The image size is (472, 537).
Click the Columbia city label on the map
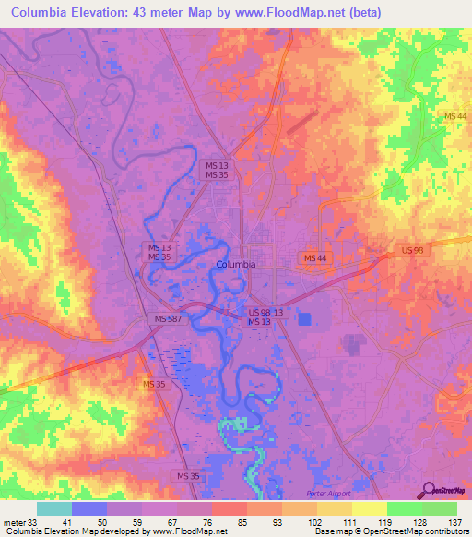235,264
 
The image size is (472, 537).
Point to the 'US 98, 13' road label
266,313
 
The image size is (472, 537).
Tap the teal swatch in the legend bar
54,508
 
